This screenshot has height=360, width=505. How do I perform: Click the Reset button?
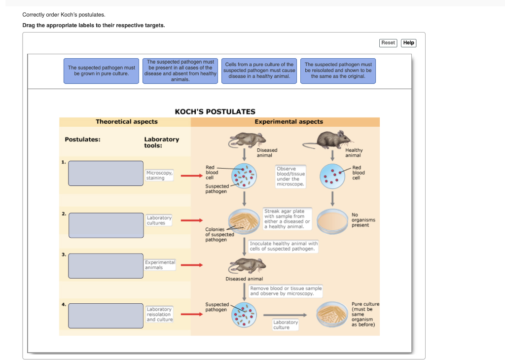[x=388, y=43]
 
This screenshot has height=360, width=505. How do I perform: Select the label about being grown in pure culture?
[x=102, y=71]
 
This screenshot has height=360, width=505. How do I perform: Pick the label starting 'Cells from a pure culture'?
[x=259, y=71]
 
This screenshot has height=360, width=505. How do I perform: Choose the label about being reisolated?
[x=338, y=71]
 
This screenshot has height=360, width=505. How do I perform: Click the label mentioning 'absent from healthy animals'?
[x=180, y=71]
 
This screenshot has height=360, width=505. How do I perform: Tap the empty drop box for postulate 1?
[x=106, y=173]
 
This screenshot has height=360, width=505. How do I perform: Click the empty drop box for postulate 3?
[x=106, y=266]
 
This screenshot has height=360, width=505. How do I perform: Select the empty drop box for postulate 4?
[x=106, y=316]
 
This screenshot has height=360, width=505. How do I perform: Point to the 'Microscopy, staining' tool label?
[x=159, y=175]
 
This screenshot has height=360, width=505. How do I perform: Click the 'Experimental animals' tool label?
[x=160, y=265]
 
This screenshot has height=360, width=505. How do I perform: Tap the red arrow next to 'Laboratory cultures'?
[x=192, y=220]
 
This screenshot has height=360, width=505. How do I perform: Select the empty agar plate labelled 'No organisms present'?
[x=332, y=221]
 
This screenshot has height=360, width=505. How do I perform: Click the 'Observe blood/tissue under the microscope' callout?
[x=290, y=177]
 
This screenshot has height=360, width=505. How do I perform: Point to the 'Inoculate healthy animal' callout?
[x=284, y=247]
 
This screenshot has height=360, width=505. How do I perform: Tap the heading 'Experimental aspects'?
[x=289, y=122]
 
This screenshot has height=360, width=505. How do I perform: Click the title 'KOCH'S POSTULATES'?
[x=215, y=112]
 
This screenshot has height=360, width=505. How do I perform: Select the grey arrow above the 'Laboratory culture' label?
[x=285, y=315]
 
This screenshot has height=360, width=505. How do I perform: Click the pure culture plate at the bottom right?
[x=332, y=314]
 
